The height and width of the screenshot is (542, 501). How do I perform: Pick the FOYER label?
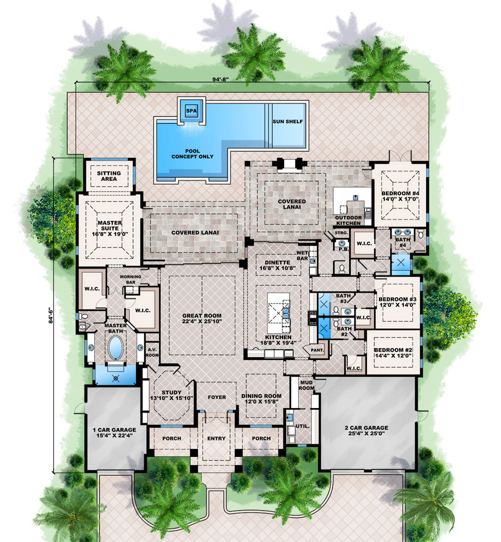[217, 397]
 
